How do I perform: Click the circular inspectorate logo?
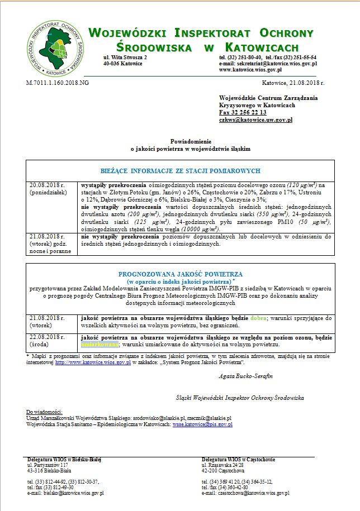[54, 47]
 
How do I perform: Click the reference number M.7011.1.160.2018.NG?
[58, 82]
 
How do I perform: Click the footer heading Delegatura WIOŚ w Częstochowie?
[238, 459]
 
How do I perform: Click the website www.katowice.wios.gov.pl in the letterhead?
[250, 70]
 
